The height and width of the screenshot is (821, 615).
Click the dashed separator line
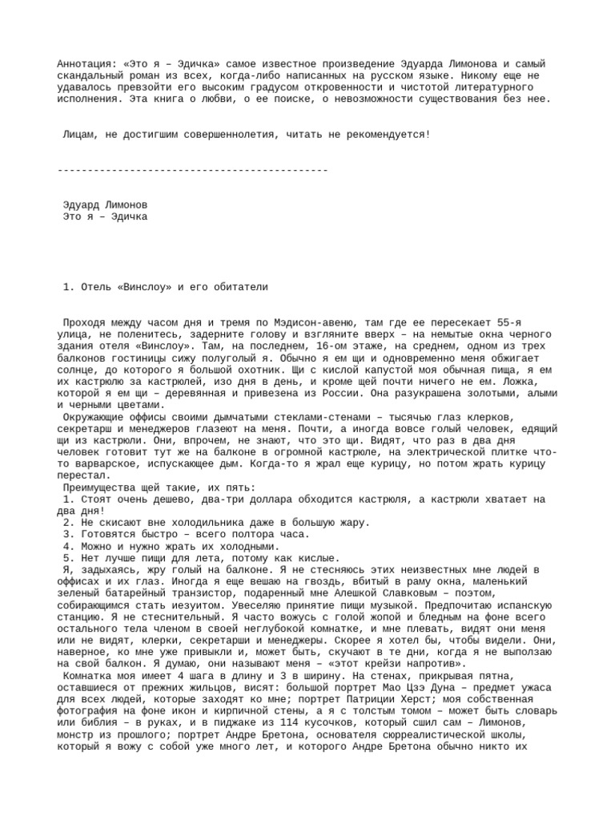click(x=193, y=170)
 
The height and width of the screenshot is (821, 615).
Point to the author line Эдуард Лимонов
click(x=105, y=204)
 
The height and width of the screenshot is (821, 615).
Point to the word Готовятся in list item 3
click(x=105, y=534)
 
